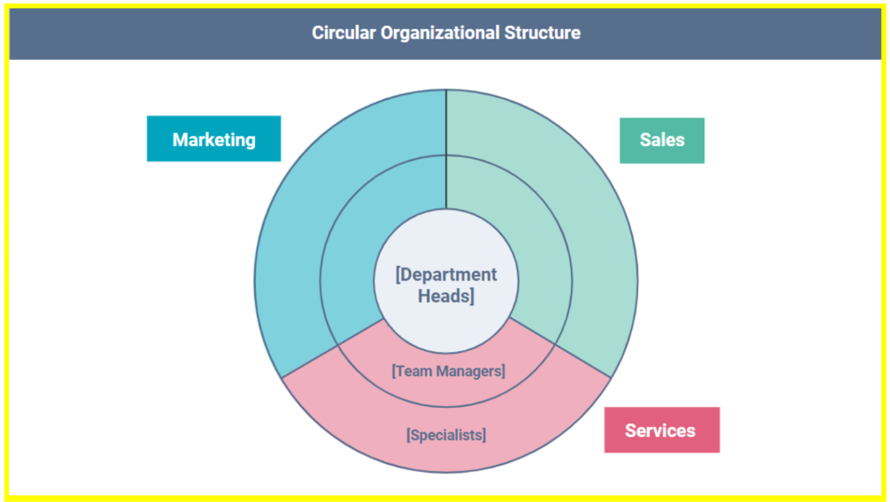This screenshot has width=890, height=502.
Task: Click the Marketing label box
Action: [214, 139]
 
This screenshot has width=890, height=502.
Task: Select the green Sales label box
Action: [662, 140]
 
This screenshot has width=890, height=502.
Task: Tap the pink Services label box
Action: [661, 430]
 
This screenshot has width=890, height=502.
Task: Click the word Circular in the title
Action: [344, 33]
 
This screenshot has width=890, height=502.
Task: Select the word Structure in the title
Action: [542, 33]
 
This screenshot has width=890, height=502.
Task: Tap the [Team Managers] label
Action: [448, 371]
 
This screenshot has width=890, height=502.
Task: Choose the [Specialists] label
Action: [446, 435]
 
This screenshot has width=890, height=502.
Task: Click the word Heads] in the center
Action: [446, 296]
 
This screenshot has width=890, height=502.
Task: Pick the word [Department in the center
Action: [446, 274]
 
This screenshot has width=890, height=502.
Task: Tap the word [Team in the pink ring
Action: [412, 371]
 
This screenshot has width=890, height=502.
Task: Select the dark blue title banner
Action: [182, 33]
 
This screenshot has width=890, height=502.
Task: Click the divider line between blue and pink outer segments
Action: [310, 362]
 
